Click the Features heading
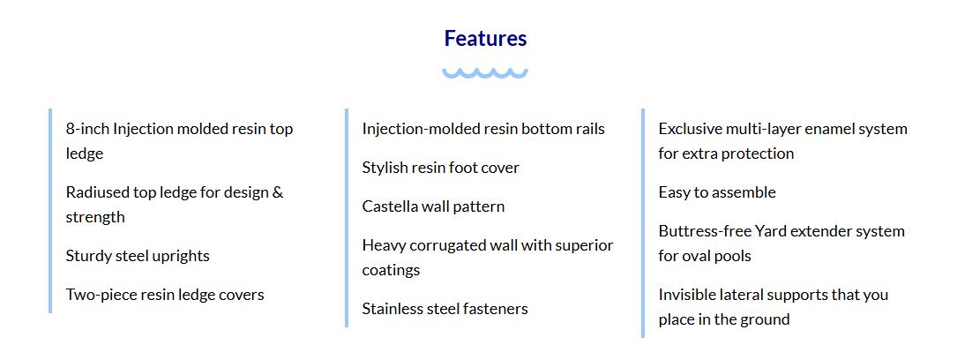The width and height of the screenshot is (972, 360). (485, 39)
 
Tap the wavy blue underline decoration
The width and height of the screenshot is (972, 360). (485, 73)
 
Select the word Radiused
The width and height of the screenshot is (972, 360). (97, 192)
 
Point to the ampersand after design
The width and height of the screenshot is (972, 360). (278, 192)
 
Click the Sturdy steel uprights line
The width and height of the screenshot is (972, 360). (138, 256)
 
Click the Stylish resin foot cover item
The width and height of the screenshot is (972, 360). (441, 168)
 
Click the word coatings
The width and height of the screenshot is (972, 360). (391, 271)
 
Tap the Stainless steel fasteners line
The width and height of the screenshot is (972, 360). (445, 309)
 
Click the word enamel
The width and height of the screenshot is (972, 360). (826, 129)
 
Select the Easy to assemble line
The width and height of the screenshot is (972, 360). (717, 192)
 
